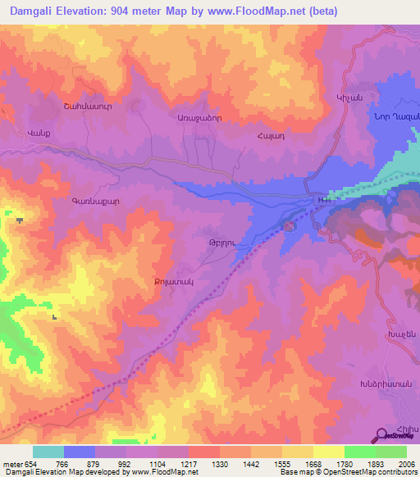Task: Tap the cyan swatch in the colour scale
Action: (48, 452)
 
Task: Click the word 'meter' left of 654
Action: (12, 465)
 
